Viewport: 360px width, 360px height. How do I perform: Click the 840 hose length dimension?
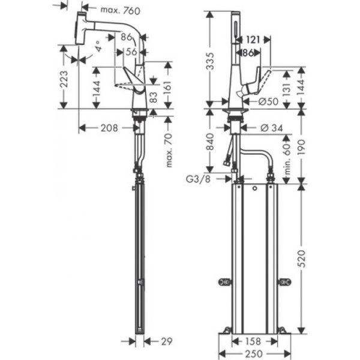[209, 143]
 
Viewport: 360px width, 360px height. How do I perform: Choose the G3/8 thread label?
[198, 178]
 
